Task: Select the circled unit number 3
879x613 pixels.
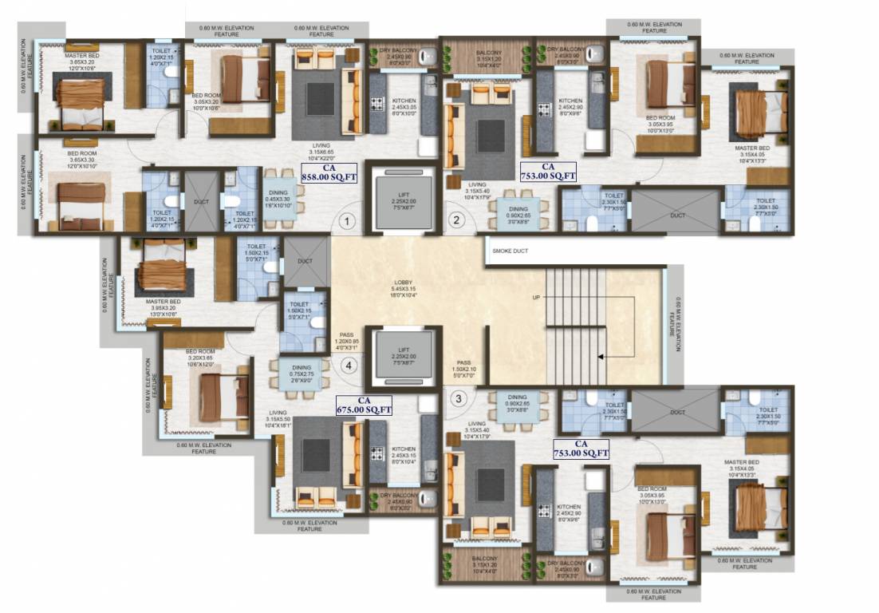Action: (458, 399)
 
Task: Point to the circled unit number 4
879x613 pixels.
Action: (347, 366)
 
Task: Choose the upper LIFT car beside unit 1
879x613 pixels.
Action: (403, 200)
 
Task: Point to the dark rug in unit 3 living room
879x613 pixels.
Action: (491, 484)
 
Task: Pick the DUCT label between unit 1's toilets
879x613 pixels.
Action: (202, 202)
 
